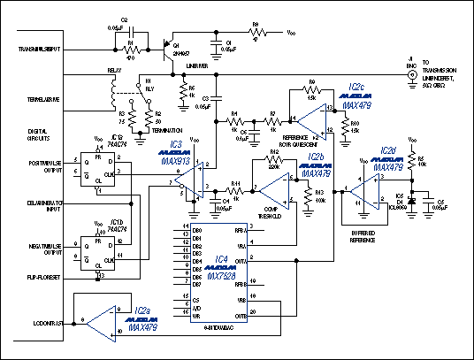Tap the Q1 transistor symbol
167,46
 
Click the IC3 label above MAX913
175,143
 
